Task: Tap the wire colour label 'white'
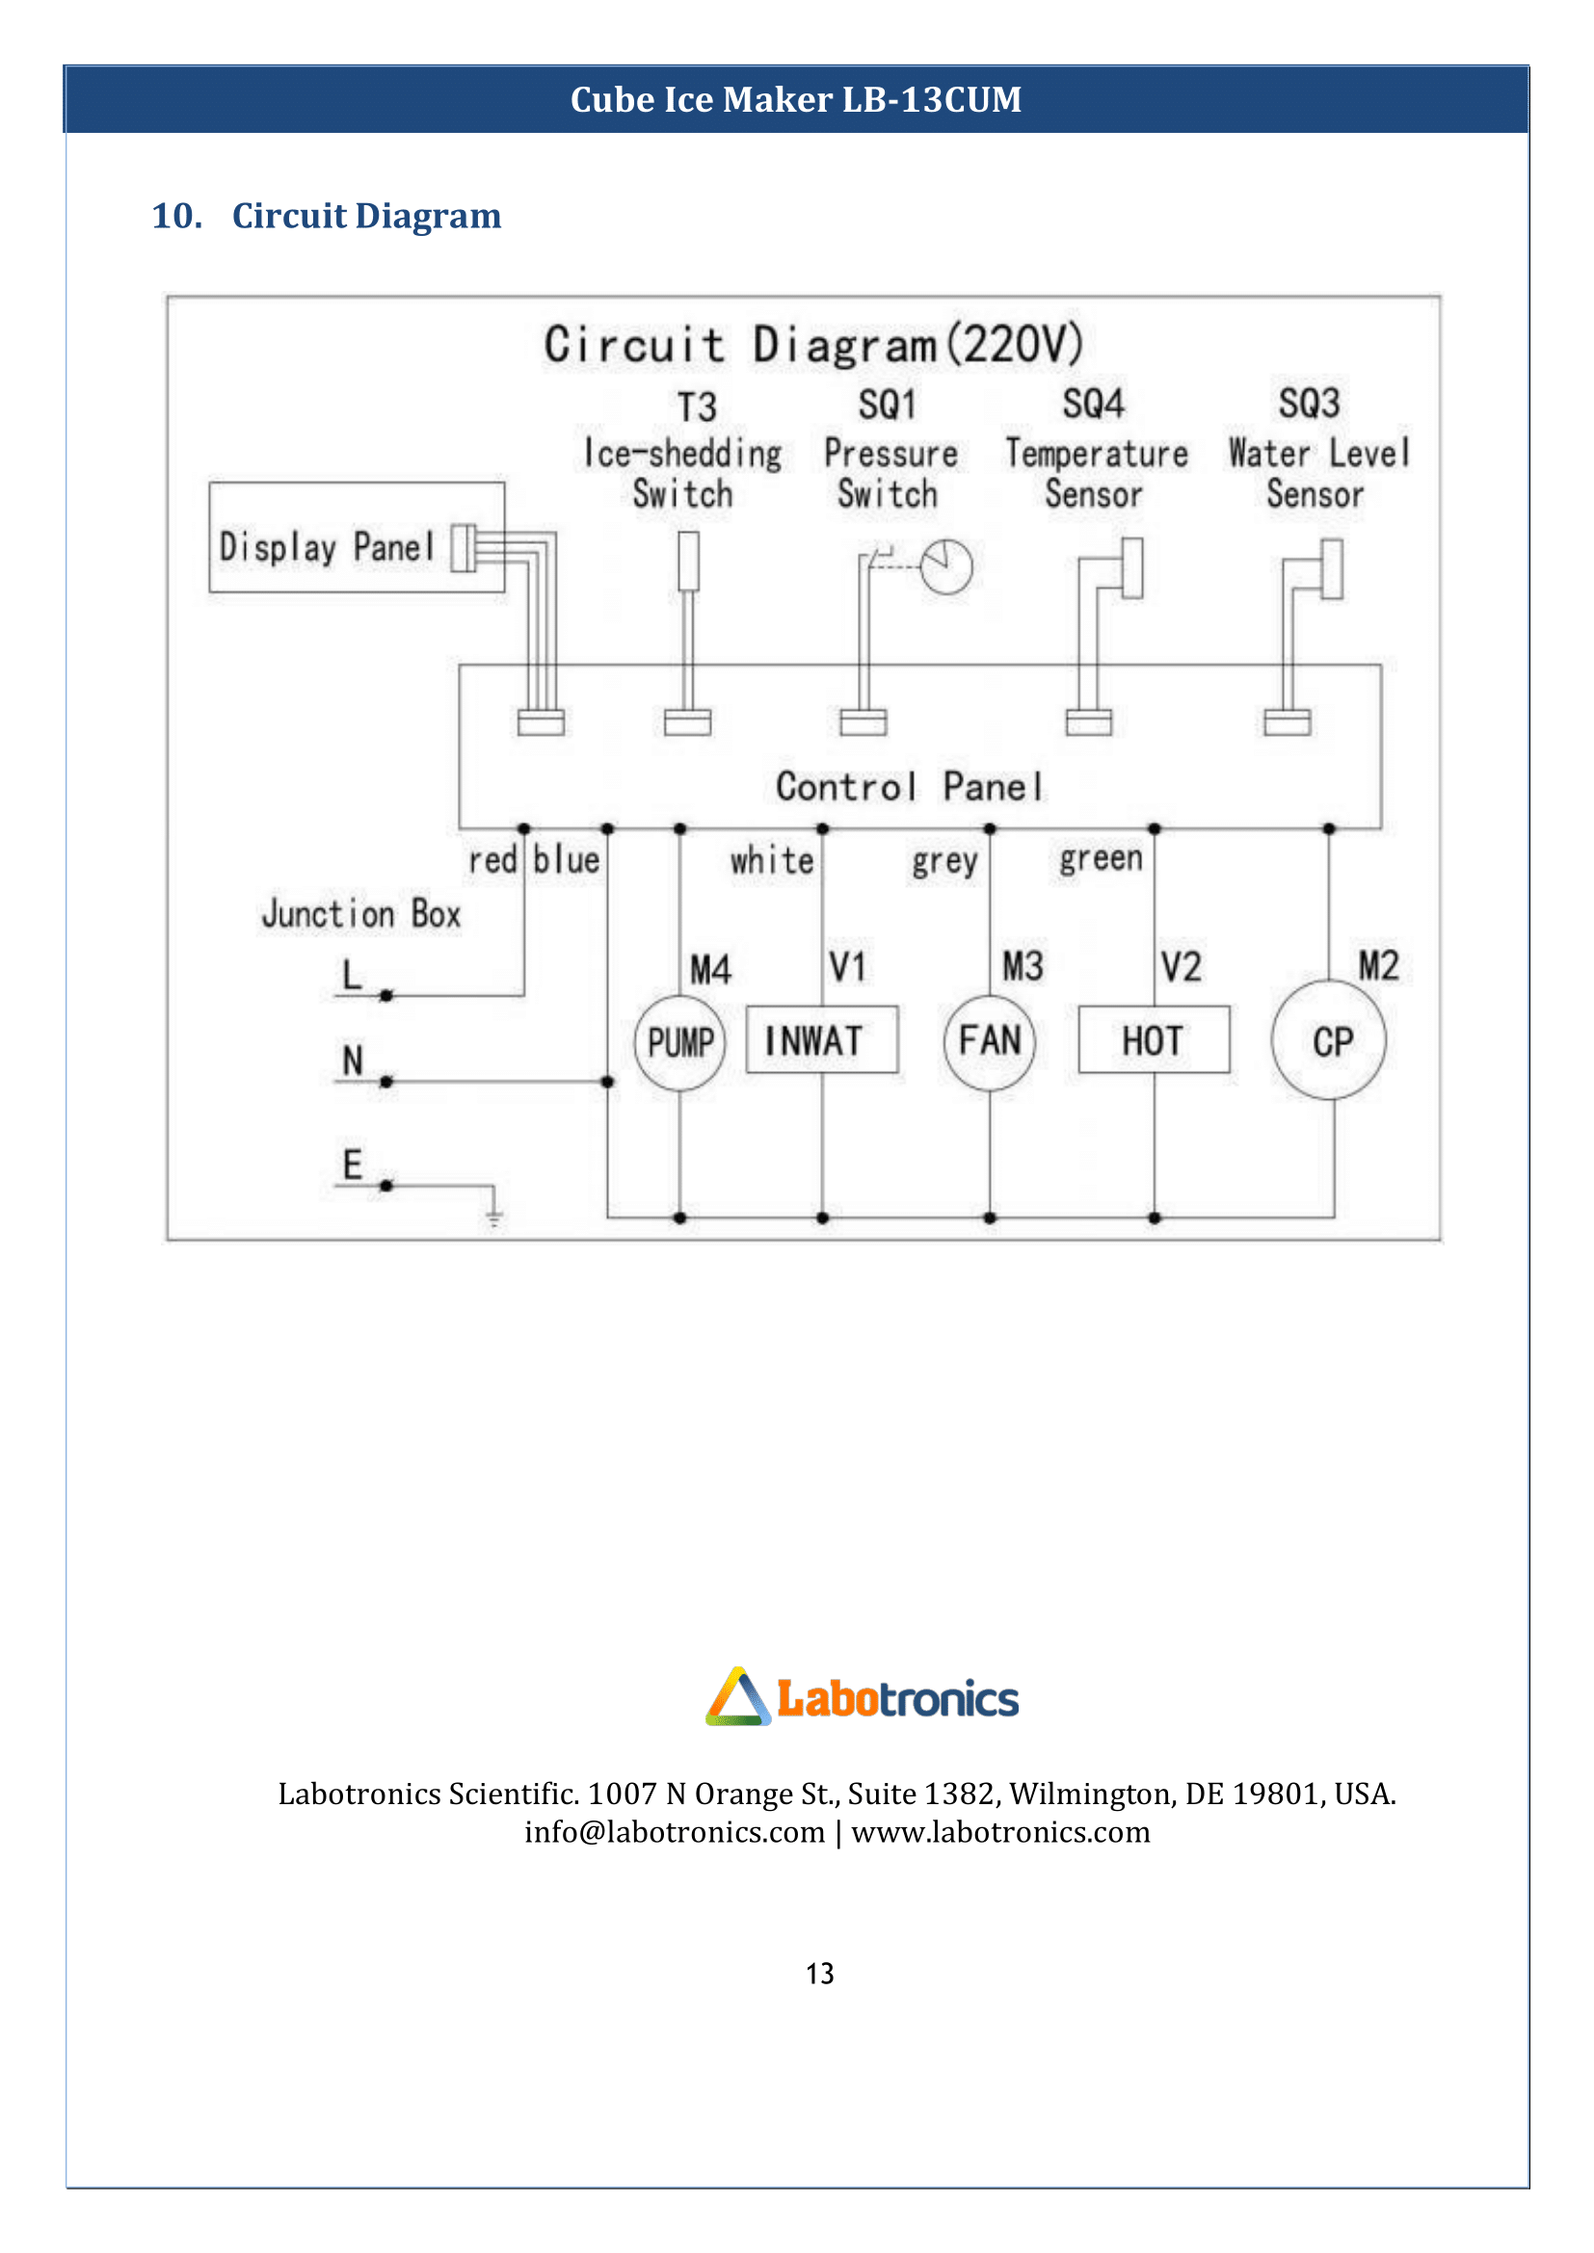(x=772, y=860)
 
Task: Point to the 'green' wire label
(x=1102, y=859)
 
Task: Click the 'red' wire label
(x=491, y=860)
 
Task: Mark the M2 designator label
(x=1378, y=965)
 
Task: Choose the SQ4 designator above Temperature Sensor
(x=1094, y=404)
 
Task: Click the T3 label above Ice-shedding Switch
(x=697, y=406)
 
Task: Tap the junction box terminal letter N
(x=353, y=1061)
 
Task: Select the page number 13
(x=819, y=1974)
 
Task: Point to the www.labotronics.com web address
(x=1000, y=1832)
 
